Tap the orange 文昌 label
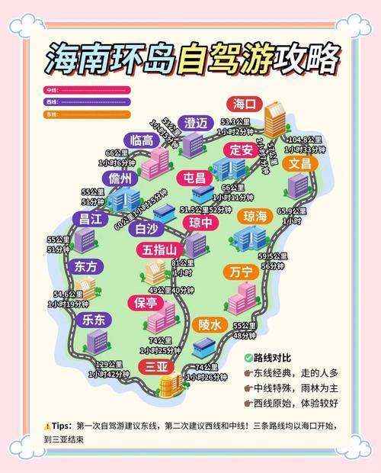[299, 163]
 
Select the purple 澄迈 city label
[196, 124]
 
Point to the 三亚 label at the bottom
[157, 367]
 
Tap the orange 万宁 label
[241, 272]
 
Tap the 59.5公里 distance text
[272, 256]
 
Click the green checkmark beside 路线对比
[248, 358]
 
